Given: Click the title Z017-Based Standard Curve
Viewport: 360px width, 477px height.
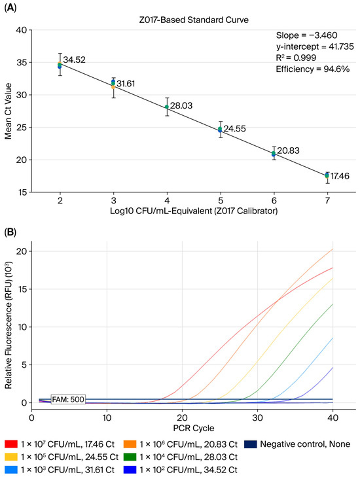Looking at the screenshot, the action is pyautogui.click(x=194, y=20).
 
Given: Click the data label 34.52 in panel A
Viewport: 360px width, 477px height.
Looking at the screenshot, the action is pyautogui.click(x=74, y=60).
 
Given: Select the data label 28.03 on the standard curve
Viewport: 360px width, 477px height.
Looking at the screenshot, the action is pyautogui.click(x=181, y=105).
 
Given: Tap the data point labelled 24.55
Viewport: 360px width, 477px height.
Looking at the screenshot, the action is pyautogui.click(x=221, y=130).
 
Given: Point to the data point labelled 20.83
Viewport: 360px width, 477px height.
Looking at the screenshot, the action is pyautogui.click(x=274, y=154).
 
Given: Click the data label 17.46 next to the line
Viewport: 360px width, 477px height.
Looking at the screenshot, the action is pyautogui.click(x=340, y=176).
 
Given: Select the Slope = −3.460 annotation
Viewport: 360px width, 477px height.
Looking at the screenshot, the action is pyautogui.click(x=307, y=35).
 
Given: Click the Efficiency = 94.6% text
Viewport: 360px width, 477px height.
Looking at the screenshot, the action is pyautogui.click(x=313, y=69).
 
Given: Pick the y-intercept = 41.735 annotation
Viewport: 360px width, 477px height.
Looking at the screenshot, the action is pyautogui.click(x=315, y=47).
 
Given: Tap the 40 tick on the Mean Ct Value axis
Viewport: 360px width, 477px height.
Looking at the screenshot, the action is pyautogui.click(x=22, y=30).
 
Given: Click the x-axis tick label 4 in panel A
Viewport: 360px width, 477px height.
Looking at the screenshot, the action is pyautogui.click(x=167, y=200).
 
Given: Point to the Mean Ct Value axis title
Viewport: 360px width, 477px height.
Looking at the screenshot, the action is pyautogui.click(x=9, y=111).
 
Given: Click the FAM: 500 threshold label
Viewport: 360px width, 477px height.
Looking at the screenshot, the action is pyautogui.click(x=68, y=399).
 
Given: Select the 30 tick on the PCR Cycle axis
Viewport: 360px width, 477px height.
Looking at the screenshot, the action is pyautogui.click(x=257, y=417).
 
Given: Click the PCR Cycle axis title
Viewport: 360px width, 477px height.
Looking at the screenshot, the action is pyautogui.click(x=194, y=428).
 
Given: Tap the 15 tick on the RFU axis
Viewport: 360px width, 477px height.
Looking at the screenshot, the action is pyautogui.click(x=22, y=289).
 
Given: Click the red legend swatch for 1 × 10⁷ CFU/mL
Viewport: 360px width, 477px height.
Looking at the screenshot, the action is pyautogui.click(x=11, y=444).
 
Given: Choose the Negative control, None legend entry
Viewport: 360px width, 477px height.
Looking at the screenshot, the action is pyautogui.click(x=297, y=444).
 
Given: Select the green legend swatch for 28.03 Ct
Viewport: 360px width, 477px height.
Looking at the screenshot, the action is pyautogui.click(x=130, y=457).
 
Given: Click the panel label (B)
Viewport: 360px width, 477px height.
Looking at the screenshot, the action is pyautogui.click(x=10, y=232).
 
